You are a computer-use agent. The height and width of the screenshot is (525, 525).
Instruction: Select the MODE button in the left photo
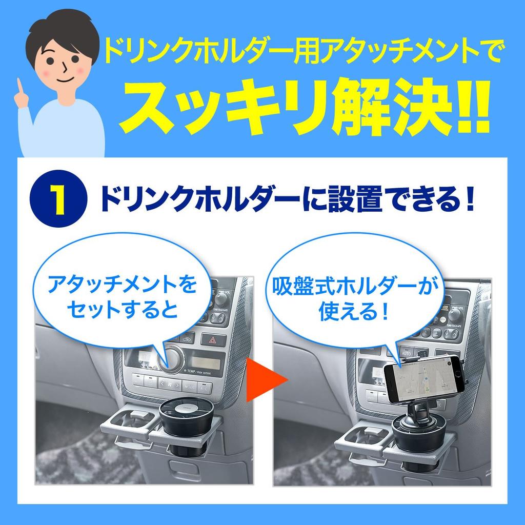[190, 386]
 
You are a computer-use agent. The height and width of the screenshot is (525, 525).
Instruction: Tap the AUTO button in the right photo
[406, 354]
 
